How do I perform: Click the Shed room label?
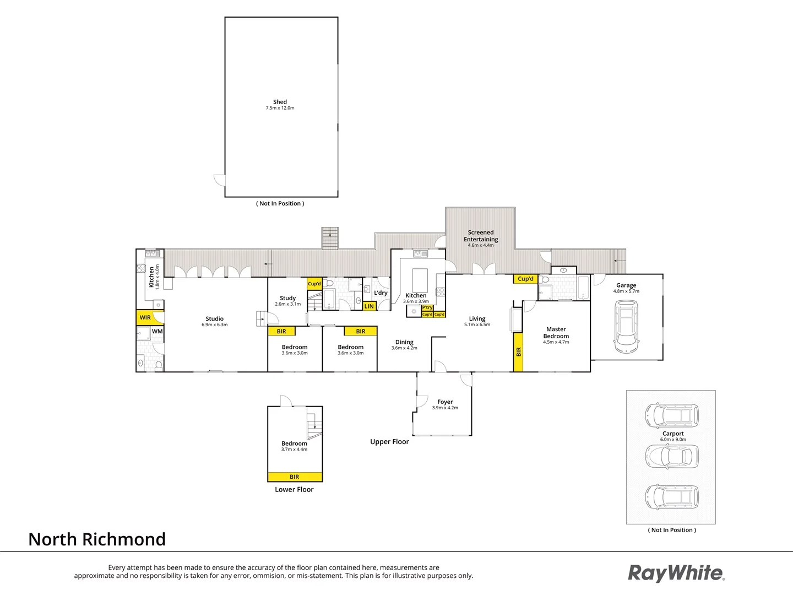(280, 102)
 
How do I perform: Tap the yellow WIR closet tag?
(145, 317)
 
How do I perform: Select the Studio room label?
(214, 319)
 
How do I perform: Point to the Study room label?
(287, 299)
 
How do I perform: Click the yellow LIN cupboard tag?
(369, 306)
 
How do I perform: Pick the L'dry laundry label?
(381, 293)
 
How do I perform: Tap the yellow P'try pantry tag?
(427, 308)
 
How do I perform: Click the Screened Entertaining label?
(481, 236)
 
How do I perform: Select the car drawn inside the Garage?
(626, 329)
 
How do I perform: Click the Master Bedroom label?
(556, 333)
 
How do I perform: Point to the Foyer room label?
(445, 402)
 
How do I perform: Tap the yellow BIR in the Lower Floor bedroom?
(295, 477)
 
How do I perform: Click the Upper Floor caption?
(389, 442)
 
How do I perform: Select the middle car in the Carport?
(671, 456)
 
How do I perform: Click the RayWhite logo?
(676, 573)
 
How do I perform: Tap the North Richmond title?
(97, 539)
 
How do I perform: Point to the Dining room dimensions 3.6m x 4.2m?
(404, 348)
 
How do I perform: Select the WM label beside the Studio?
(157, 332)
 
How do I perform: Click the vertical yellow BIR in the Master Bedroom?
(518, 351)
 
